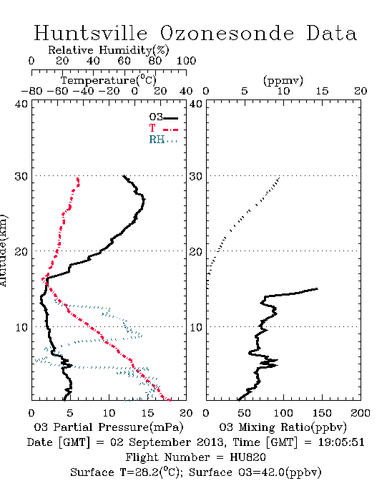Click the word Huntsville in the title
click(91, 33)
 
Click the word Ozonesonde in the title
click(227, 33)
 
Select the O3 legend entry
click(163, 117)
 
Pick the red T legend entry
click(163, 128)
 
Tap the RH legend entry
click(163, 140)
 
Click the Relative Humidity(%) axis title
click(109, 50)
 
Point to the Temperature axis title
click(108, 80)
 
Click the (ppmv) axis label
click(283, 80)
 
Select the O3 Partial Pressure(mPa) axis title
click(109, 427)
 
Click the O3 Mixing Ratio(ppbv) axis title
click(283, 427)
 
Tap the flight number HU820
click(248, 457)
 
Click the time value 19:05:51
click(341, 442)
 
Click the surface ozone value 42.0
click(273, 472)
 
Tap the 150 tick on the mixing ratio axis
click(322, 413)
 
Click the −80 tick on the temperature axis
click(31, 91)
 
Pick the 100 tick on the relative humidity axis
click(187, 61)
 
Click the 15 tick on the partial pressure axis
click(147, 413)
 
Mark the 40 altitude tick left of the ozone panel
click(21, 104)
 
